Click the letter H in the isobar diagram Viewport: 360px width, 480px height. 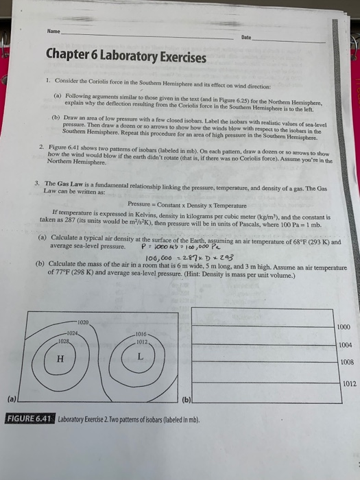[x=62, y=357]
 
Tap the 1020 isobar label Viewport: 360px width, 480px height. [x=83, y=322]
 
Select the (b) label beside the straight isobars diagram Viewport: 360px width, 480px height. [x=187, y=397]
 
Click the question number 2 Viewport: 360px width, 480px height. [x=42, y=147]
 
